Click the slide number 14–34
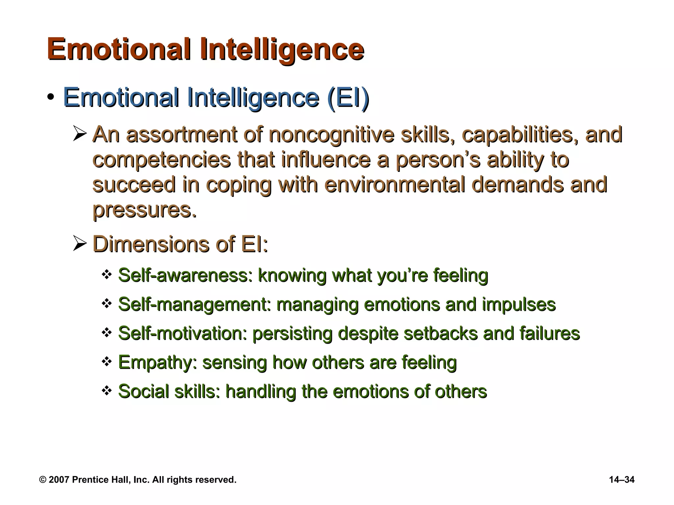[x=622, y=480]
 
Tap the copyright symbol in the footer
[x=42, y=480]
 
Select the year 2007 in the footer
[x=59, y=480]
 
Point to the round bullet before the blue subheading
[x=50, y=98]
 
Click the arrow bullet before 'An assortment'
[x=80, y=135]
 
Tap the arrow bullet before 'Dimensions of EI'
[x=80, y=244]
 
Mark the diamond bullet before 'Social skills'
[x=107, y=391]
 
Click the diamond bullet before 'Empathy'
[x=107, y=362]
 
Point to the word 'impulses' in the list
[x=519, y=304]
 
